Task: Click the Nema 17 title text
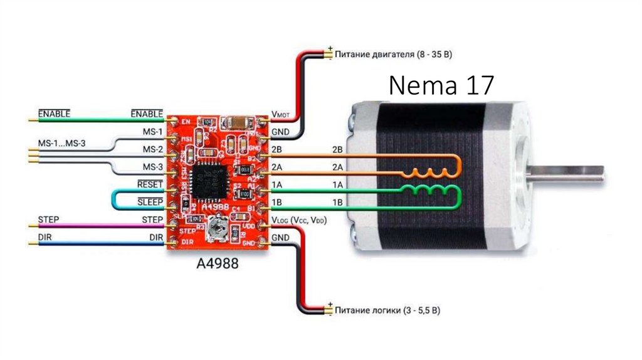tap(441, 86)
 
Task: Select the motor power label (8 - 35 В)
tap(393, 55)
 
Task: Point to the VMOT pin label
tap(282, 115)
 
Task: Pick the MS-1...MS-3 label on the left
tap(61, 144)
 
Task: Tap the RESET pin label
tap(150, 184)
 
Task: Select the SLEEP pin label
tap(150, 201)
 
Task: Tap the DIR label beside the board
tap(156, 237)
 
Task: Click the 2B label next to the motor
tap(337, 151)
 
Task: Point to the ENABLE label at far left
tap(54, 113)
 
